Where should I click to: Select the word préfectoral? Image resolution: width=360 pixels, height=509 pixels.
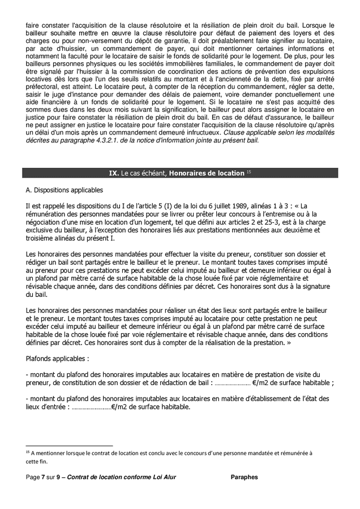pyautogui.click(x=43, y=103)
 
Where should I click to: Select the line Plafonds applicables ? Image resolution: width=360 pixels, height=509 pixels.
pyautogui.click(x=57, y=359)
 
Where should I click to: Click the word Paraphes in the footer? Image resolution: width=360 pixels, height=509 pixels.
pyautogui.click(x=245, y=477)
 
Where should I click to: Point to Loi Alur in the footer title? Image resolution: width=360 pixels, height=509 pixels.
pyautogui.click(x=164, y=477)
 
